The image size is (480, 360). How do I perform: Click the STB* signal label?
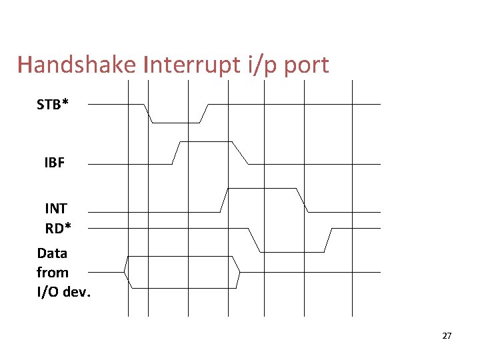pyautogui.click(x=53, y=105)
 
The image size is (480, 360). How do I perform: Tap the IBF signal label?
pyautogui.click(x=55, y=163)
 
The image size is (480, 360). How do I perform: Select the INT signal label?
pyautogui.click(x=56, y=209)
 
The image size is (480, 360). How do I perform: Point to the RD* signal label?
pyautogui.click(x=58, y=228)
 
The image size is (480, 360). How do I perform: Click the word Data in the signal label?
pyautogui.click(x=52, y=253)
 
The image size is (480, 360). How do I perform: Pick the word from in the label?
pyautogui.click(x=53, y=272)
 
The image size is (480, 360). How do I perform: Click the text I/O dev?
pyautogui.click(x=63, y=291)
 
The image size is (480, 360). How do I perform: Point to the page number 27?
pyautogui.click(x=447, y=336)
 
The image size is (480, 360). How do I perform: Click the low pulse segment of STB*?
pyautogui.click(x=176, y=123)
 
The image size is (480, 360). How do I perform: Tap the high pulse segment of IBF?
pyautogui.click(x=206, y=142)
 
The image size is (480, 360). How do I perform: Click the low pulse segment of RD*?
pyautogui.click(x=291, y=251)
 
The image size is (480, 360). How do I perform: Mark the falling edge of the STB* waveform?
pyautogui.click(x=149, y=113)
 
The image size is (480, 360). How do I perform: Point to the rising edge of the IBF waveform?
pyautogui.click(x=177, y=153)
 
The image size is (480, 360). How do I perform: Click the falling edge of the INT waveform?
pyautogui.click(x=301, y=200)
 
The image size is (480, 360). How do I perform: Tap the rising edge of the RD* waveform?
pyautogui.click(x=328, y=240)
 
